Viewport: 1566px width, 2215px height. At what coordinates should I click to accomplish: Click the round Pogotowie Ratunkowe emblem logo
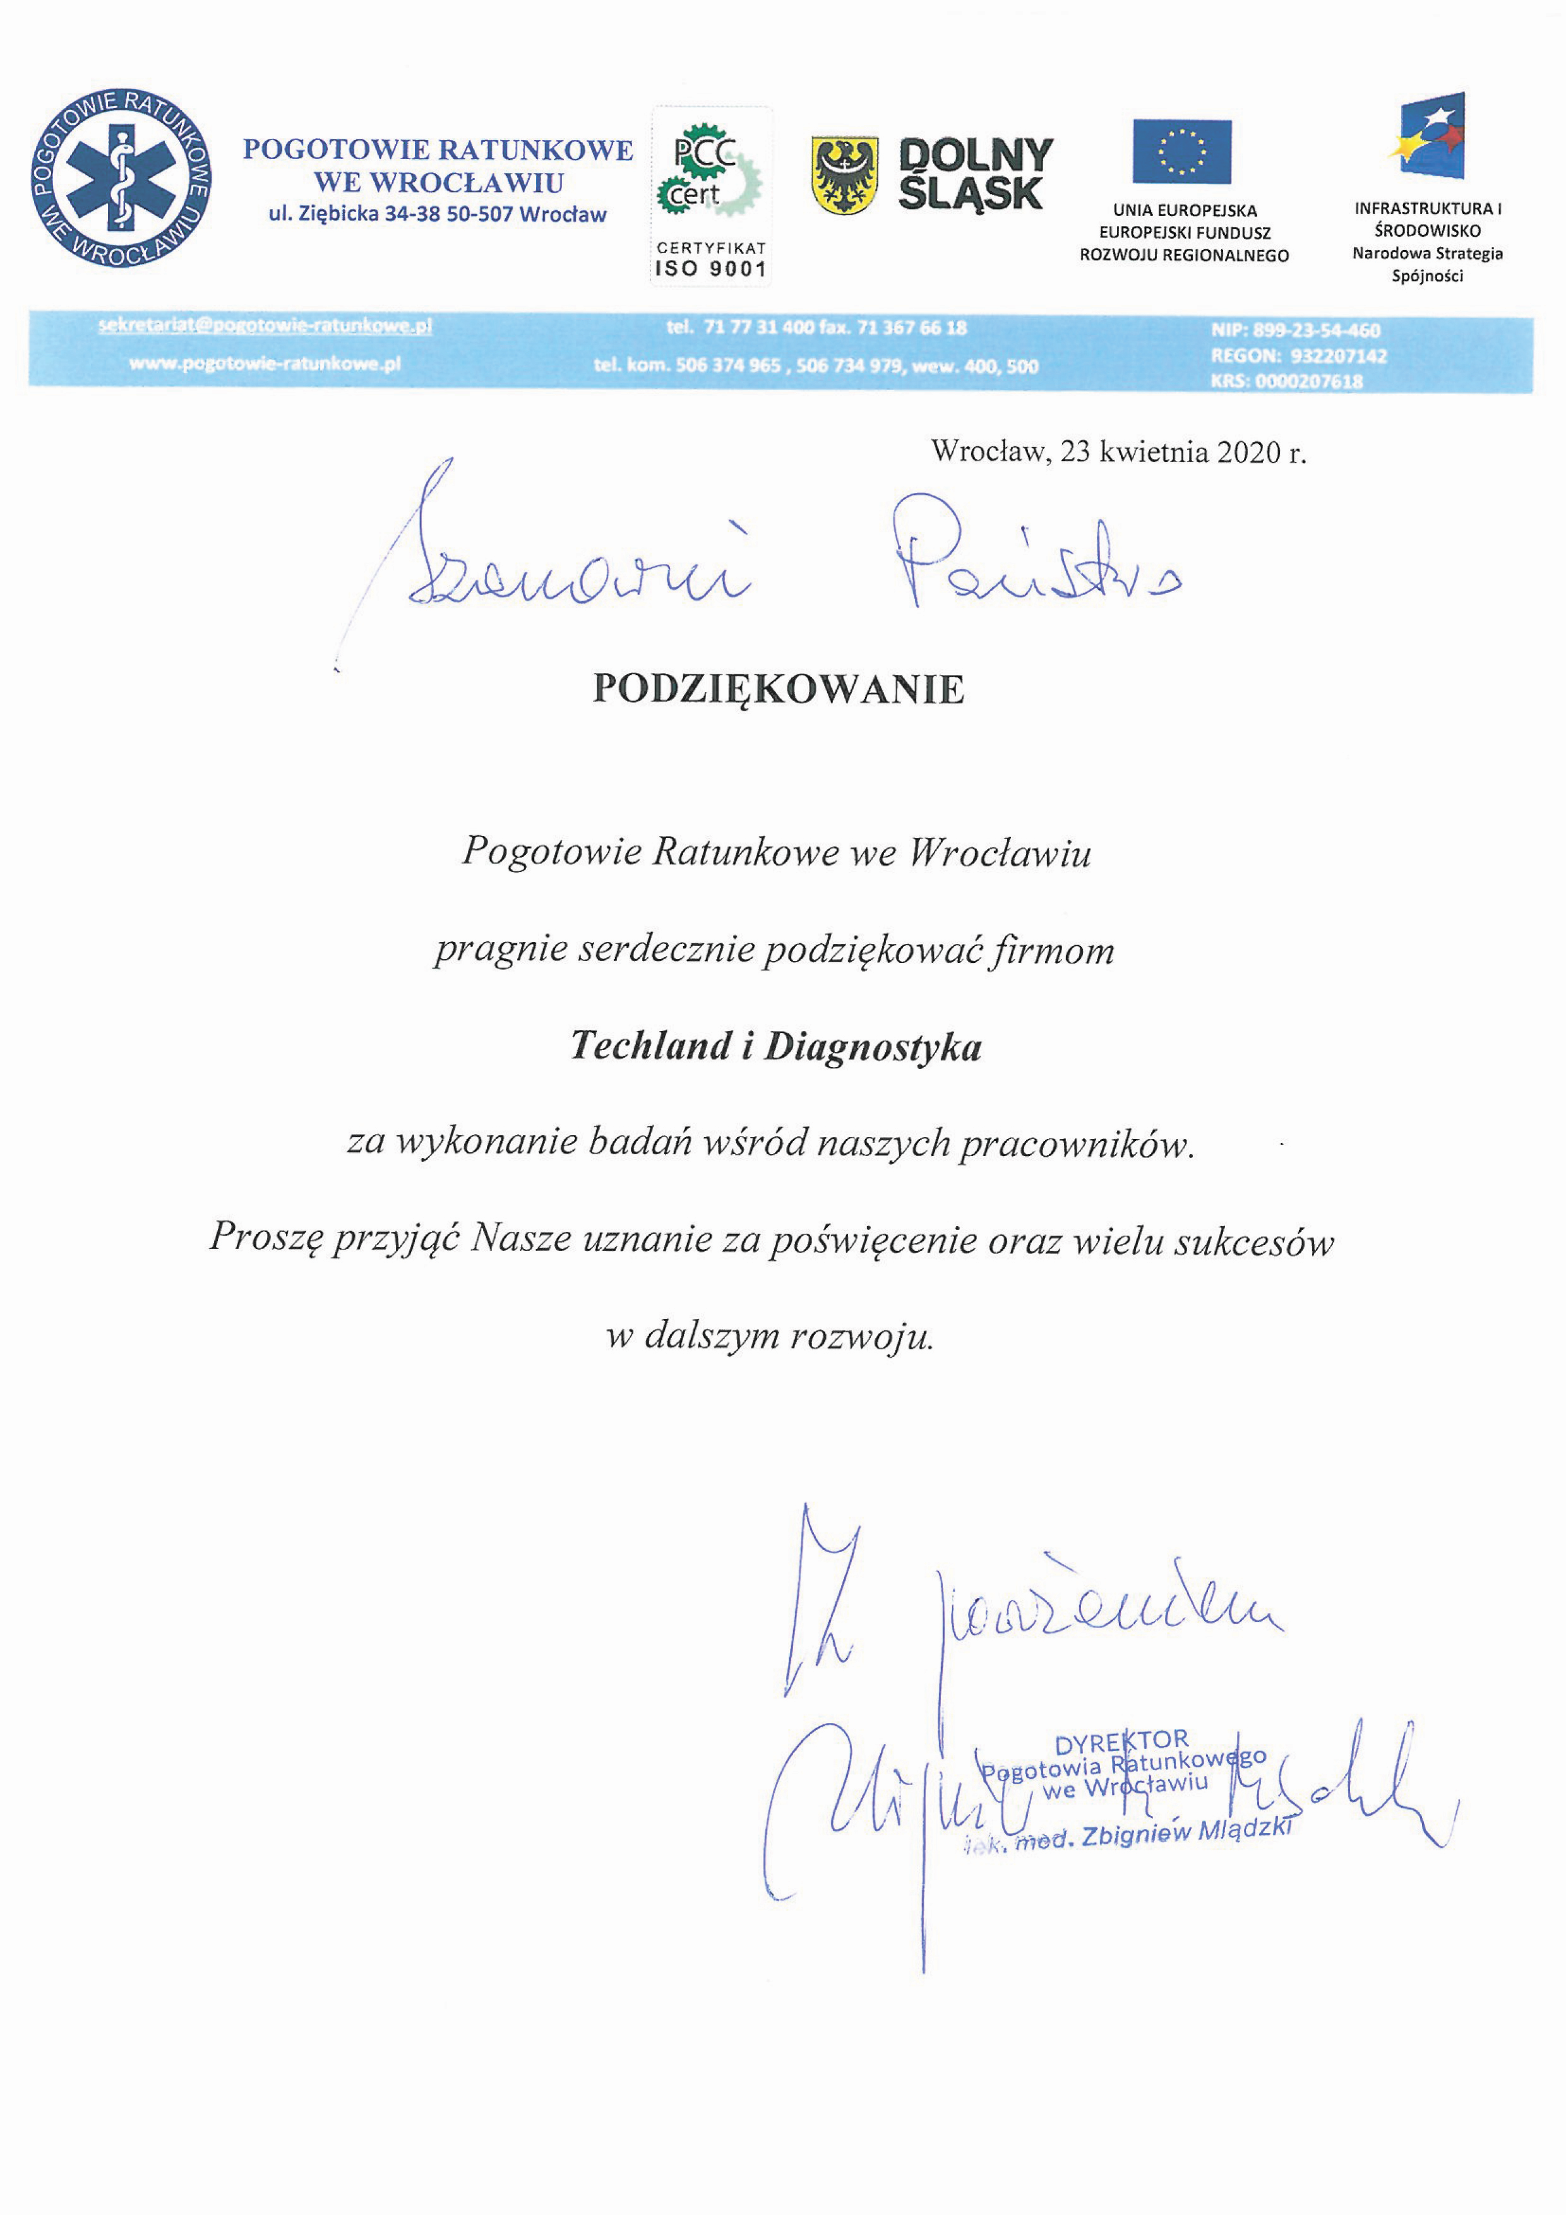[x=121, y=179]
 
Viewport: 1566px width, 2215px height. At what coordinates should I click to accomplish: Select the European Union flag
[x=1182, y=152]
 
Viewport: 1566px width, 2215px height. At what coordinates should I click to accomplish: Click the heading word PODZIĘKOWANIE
[x=778, y=689]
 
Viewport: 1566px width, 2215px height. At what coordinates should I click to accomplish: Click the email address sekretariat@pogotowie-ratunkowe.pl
[x=265, y=326]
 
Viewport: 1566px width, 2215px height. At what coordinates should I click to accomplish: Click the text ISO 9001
[x=711, y=269]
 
